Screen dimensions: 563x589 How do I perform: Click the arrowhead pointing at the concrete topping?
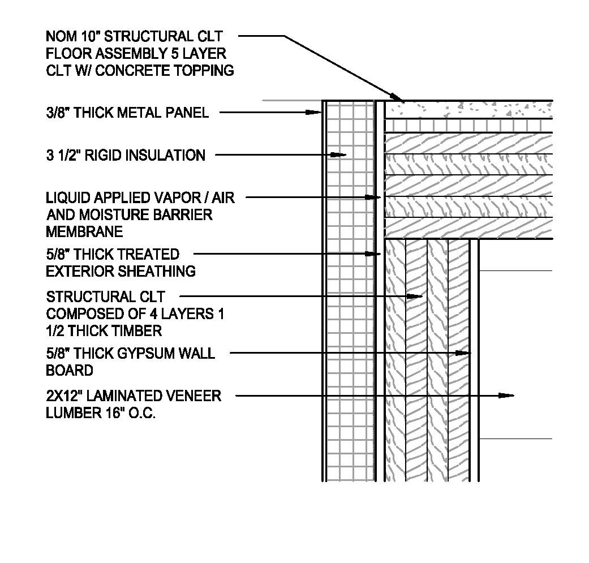396,97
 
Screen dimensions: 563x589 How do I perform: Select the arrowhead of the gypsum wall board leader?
464,353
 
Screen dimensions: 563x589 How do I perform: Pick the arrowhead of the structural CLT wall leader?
416,296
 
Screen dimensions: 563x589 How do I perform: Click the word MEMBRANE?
84,232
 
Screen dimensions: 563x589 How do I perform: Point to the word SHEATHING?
156,272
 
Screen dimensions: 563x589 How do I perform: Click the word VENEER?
192,396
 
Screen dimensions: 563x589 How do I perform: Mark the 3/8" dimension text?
58,113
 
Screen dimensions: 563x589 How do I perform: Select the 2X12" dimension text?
68,396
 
